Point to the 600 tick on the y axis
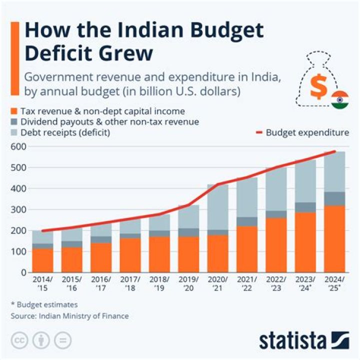coord(19,146)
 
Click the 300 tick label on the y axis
coord(19,209)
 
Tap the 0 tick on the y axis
coord(23,272)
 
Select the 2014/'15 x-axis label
coord(42,284)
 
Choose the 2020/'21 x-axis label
coord(218,284)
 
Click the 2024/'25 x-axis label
coord(334,284)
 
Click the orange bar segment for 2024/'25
coord(334,239)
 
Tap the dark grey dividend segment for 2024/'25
coord(334,198)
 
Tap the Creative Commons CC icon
coord(20,340)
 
